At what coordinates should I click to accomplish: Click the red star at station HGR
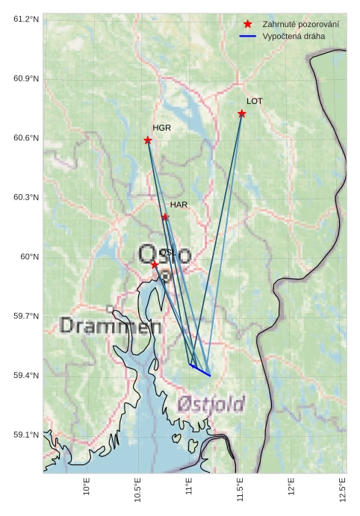point(148,140)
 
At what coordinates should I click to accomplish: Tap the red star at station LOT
point(242,114)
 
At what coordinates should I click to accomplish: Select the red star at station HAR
point(165,217)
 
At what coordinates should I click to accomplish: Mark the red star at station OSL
point(155,264)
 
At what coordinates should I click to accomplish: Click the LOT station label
point(255,101)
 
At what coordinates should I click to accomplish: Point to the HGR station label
point(162,128)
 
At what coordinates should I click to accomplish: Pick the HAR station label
point(179,204)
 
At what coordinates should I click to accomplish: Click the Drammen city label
point(111,326)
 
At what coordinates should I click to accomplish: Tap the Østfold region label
point(211,404)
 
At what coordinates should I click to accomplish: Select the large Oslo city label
point(164,256)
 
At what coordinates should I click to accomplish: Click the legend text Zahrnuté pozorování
point(300,25)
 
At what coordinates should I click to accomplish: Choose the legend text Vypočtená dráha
point(294,36)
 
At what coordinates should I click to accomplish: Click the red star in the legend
point(248,25)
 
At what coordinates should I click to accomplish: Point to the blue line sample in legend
point(248,36)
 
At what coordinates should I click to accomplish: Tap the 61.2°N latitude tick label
point(26,19)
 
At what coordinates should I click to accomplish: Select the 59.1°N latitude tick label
point(26,435)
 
